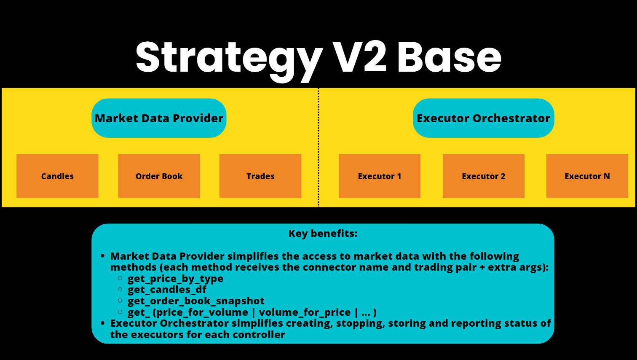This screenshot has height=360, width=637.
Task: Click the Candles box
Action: (57, 176)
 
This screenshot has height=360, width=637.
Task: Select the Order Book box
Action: (159, 176)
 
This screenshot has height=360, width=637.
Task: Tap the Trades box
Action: (260, 176)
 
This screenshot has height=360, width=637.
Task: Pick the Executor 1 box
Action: (379, 176)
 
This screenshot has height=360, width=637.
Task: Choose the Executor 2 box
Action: (484, 176)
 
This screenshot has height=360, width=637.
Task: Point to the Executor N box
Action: (587, 176)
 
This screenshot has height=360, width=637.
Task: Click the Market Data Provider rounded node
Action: (159, 118)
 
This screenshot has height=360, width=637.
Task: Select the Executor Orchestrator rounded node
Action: (484, 118)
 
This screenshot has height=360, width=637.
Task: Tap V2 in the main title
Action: (360, 57)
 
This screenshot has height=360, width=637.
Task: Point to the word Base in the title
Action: (449, 57)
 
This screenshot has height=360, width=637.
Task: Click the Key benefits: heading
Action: (323, 234)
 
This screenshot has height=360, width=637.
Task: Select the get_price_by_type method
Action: (175, 279)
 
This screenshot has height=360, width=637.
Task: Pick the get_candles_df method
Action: (167, 290)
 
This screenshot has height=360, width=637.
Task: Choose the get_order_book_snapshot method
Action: (195, 301)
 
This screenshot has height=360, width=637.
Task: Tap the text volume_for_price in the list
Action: (305, 312)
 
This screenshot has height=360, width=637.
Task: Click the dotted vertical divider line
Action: (318, 148)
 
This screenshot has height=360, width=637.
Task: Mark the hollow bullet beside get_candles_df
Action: (120, 290)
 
